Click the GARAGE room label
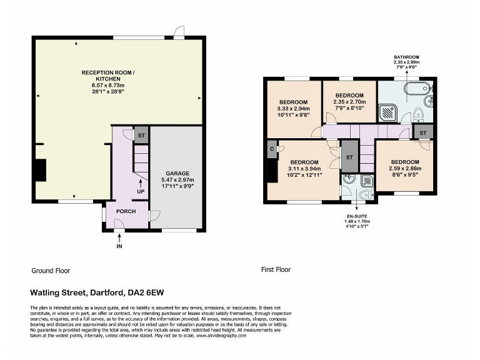pyautogui.click(x=177, y=173)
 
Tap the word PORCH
pyautogui.click(x=126, y=211)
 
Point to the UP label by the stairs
pyautogui.click(x=141, y=192)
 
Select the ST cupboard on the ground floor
pyautogui.click(x=141, y=135)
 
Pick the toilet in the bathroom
pyautogui.click(x=419, y=114)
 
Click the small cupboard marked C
pyautogui.click(x=272, y=149)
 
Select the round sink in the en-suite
pyautogui.click(x=349, y=181)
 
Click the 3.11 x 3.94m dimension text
pyautogui.click(x=304, y=168)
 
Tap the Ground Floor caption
pyautogui.click(x=51, y=271)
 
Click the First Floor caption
pyautogui.click(x=276, y=270)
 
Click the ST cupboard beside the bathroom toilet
pyautogui.click(x=423, y=133)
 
